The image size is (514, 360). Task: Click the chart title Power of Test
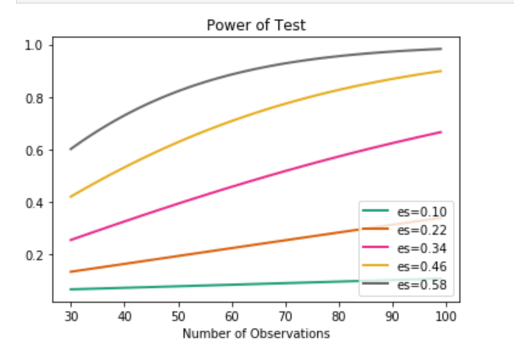pyautogui.click(x=256, y=26)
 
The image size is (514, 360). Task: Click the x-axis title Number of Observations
pyautogui.click(x=256, y=334)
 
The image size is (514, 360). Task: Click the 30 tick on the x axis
pyautogui.click(x=71, y=316)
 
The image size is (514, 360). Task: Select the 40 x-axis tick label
pyautogui.click(x=125, y=316)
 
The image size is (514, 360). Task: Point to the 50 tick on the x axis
pyautogui.click(x=178, y=316)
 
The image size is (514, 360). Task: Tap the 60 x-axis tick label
pyautogui.click(x=231, y=316)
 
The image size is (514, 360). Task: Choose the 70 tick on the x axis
pyautogui.click(x=285, y=316)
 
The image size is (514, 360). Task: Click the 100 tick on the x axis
pyautogui.click(x=446, y=316)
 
